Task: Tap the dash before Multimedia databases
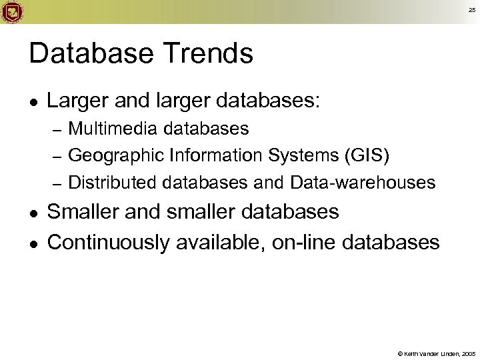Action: tap(57, 127)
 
